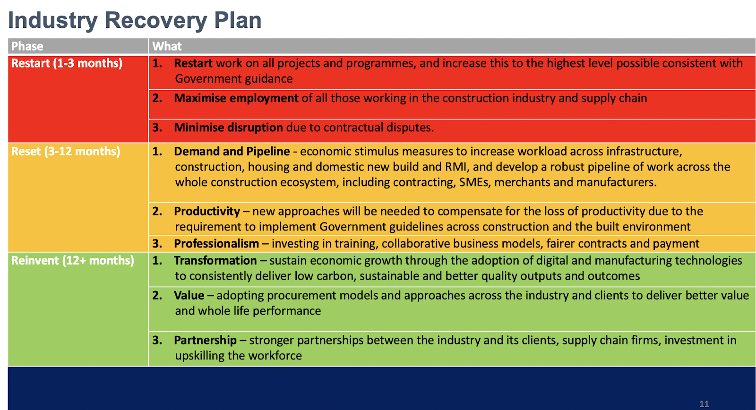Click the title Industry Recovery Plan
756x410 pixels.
pos(135,20)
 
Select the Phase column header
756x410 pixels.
pos(27,46)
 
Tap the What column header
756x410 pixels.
pos(167,46)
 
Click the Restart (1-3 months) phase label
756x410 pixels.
pos(67,63)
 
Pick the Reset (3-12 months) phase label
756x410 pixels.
pos(66,152)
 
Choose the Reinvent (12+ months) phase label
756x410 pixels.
pos(73,261)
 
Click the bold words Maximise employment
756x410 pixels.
pos(236,98)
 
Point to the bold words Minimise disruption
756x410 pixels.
pos(228,128)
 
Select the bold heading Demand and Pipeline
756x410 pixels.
pos(232,152)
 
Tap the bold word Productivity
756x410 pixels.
pos(207,211)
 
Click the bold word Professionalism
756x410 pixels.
pos(216,244)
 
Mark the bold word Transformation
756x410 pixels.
pos(215,261)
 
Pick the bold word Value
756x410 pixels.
pos(189,295)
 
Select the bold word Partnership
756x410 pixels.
pos(205,340)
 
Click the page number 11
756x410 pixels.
pos(704,404)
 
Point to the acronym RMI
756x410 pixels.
pos(455,167)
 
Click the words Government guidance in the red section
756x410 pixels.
pos(234,79)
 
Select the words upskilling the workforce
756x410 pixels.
pos(238,356)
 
